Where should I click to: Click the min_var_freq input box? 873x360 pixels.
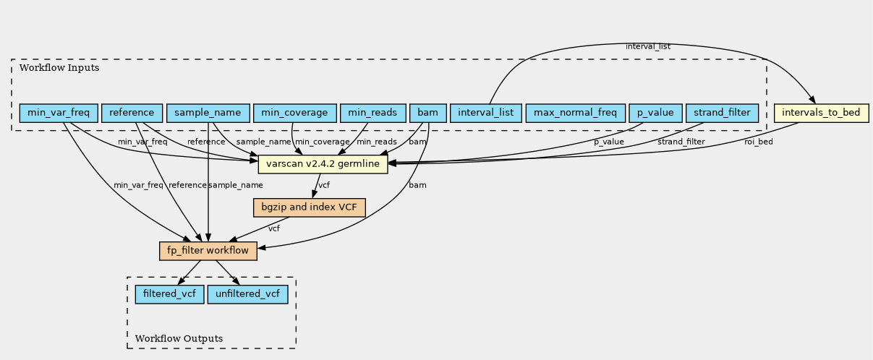point(59,113)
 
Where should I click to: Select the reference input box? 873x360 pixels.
point(132,113)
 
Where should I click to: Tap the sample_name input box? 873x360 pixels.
point(208,113)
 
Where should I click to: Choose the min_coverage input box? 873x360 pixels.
point(294,113)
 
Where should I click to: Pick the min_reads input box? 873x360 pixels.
point(372,113)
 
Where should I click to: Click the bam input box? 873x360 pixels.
point(428,113)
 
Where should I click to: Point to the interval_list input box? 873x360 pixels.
point(485,113)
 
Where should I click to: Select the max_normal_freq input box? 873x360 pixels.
point(575,113)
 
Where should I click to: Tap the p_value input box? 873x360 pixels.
point(655,113)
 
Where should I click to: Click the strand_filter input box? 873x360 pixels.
point(722,113)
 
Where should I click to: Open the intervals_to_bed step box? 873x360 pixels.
point(821,113)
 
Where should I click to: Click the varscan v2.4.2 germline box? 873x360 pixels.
point(323,164)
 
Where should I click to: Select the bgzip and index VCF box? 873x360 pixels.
point(309,207)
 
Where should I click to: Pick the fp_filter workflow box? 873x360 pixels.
point(208,251)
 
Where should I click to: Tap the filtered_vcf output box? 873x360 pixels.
point(169,294)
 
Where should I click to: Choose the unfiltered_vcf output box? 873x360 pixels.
point(248,294)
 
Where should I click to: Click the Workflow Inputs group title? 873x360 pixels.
point(59,68)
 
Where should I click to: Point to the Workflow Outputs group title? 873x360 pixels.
point(179,338)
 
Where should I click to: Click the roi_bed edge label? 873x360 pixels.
point(759,142)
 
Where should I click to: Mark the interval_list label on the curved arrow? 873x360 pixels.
point(648,47)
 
